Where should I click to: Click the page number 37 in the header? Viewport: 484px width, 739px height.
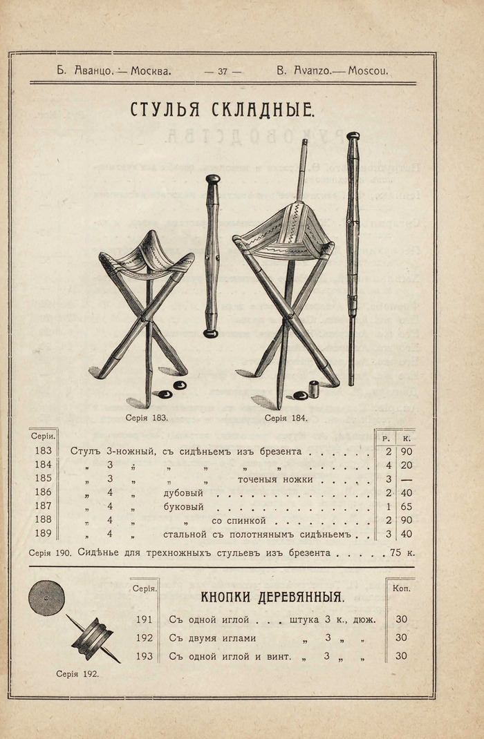pyautogui.click(x=223, y=70)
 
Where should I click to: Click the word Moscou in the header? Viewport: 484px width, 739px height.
pyautogui.click(x=369, y=70)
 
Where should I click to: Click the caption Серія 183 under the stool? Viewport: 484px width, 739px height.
pyautogui.click(x=147, y=418)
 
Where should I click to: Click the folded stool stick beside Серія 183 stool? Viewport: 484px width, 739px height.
pyautogui.click(x=212, y=256)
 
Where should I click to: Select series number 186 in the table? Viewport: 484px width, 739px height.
pyautogui.click(x=43, y=492)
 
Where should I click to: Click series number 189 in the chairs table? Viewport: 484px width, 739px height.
pyautogui.click(x=43, y=534)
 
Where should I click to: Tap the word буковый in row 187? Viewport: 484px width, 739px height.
pyautogui.click(x=183, y=507)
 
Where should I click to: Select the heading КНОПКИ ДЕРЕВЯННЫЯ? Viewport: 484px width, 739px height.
pyautogui.click(x=272, y=597)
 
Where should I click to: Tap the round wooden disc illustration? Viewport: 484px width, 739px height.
pyautogui.click(x=46, y=596)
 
